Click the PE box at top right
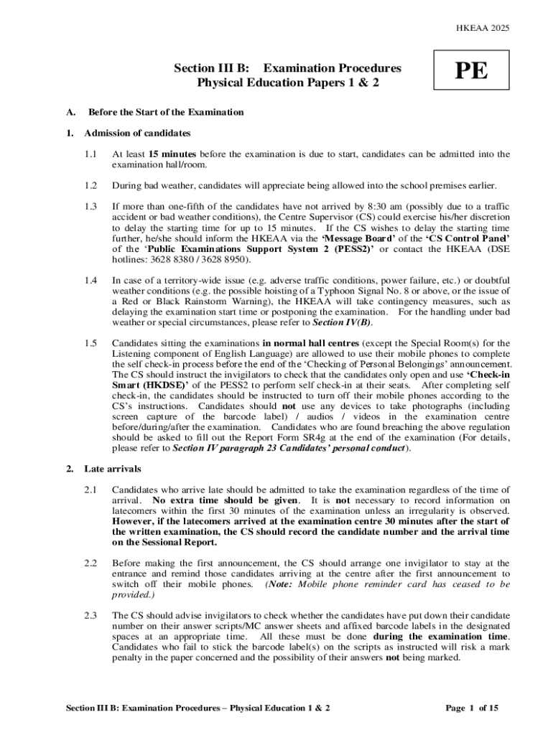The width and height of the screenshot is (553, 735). click(470, 71)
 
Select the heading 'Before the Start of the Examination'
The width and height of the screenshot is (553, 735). click(166, 113)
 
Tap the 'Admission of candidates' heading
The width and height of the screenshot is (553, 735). click(137, 134)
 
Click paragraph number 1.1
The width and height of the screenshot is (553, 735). click(90, 154)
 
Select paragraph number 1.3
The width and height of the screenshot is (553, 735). click(90, 207)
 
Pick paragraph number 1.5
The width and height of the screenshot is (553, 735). click(90, 343)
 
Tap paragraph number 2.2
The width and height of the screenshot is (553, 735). click(90, 563)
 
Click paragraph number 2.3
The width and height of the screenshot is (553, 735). click(90, 616)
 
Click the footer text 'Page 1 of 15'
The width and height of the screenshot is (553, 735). click(472, 708)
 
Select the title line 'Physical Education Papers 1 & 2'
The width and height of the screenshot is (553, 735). click(287, 83)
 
